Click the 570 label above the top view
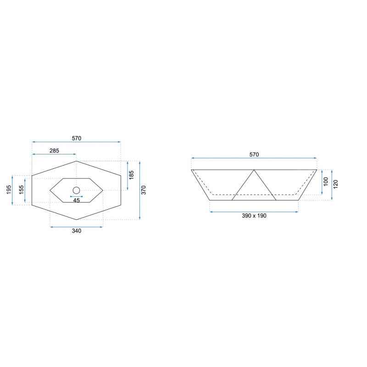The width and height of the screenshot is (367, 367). [77, 139]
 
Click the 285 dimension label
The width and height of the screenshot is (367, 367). [54, 151]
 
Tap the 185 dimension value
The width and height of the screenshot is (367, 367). [131, 175]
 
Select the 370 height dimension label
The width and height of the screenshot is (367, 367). [144, 190]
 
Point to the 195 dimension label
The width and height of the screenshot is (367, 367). [9, 190]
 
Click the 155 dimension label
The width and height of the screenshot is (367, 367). [21, 190]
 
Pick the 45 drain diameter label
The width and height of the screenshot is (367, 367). [77, 200]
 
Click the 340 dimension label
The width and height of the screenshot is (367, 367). [77, 231]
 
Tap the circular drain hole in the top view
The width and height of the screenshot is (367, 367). [76, 190]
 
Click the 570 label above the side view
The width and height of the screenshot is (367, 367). [254, 155]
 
